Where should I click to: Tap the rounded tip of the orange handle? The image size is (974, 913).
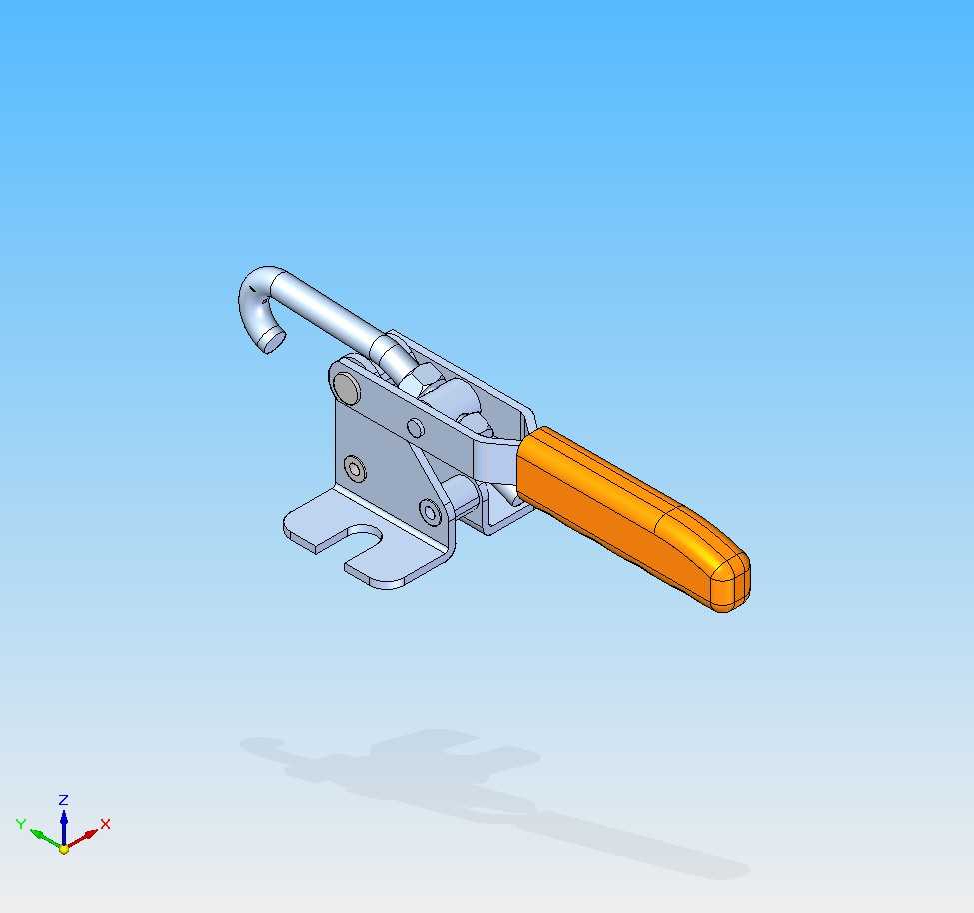[x=733, y=582]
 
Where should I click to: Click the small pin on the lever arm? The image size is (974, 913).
[x=416, y=428]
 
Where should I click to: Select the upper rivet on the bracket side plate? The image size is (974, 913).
[x=355, y=468]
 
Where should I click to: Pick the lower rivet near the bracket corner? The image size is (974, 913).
[x=430, y=512]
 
